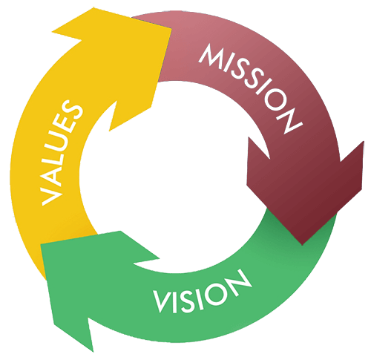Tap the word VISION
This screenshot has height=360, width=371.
coord(202,293)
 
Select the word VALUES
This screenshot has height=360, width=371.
coord(62,151)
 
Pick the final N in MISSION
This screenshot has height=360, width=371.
coord(289,121)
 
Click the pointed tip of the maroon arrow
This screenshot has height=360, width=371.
coord(302,245)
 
